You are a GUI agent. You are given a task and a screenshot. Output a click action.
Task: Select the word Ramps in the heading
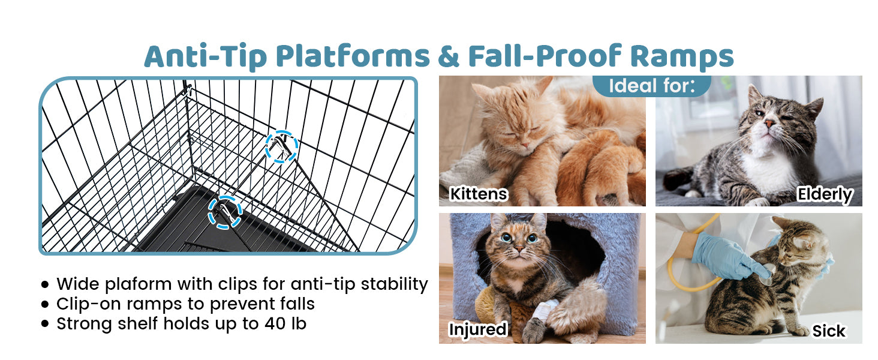tap(682, 57)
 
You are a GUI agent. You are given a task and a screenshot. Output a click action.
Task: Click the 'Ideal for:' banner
tap(652, 86)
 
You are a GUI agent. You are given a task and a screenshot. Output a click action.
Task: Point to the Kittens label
tap(479, 194)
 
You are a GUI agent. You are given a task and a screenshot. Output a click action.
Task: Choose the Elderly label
tap(825, 194)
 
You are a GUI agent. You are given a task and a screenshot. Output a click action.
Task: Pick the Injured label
tap(478, 329)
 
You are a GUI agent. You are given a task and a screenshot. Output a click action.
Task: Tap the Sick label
tap(829, 331)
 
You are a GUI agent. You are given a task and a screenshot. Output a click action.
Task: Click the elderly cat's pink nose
tap(769, 124)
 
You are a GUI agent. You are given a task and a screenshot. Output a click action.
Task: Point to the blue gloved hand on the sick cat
tap(725, 257)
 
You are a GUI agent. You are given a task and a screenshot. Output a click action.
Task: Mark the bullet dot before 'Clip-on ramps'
tap(45, 304)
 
